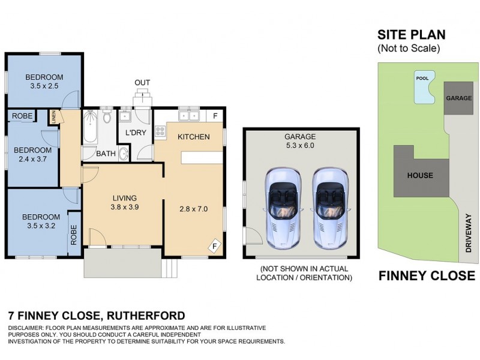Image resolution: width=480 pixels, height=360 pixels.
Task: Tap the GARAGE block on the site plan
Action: [458, 97]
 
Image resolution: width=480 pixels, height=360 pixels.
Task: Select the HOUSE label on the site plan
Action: [419, 176]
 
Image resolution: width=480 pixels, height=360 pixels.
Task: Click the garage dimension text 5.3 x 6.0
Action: [300, 145]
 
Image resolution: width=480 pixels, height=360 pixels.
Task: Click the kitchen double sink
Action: [188, 115]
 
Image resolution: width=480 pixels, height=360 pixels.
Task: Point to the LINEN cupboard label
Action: [54, 117]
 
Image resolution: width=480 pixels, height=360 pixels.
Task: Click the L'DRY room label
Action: [136, 133]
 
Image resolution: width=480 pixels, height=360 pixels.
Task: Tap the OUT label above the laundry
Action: [142, 82]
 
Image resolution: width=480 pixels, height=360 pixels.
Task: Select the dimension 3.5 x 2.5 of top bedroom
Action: [44, 86]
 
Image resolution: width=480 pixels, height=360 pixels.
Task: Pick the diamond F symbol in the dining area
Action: [214, 245]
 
